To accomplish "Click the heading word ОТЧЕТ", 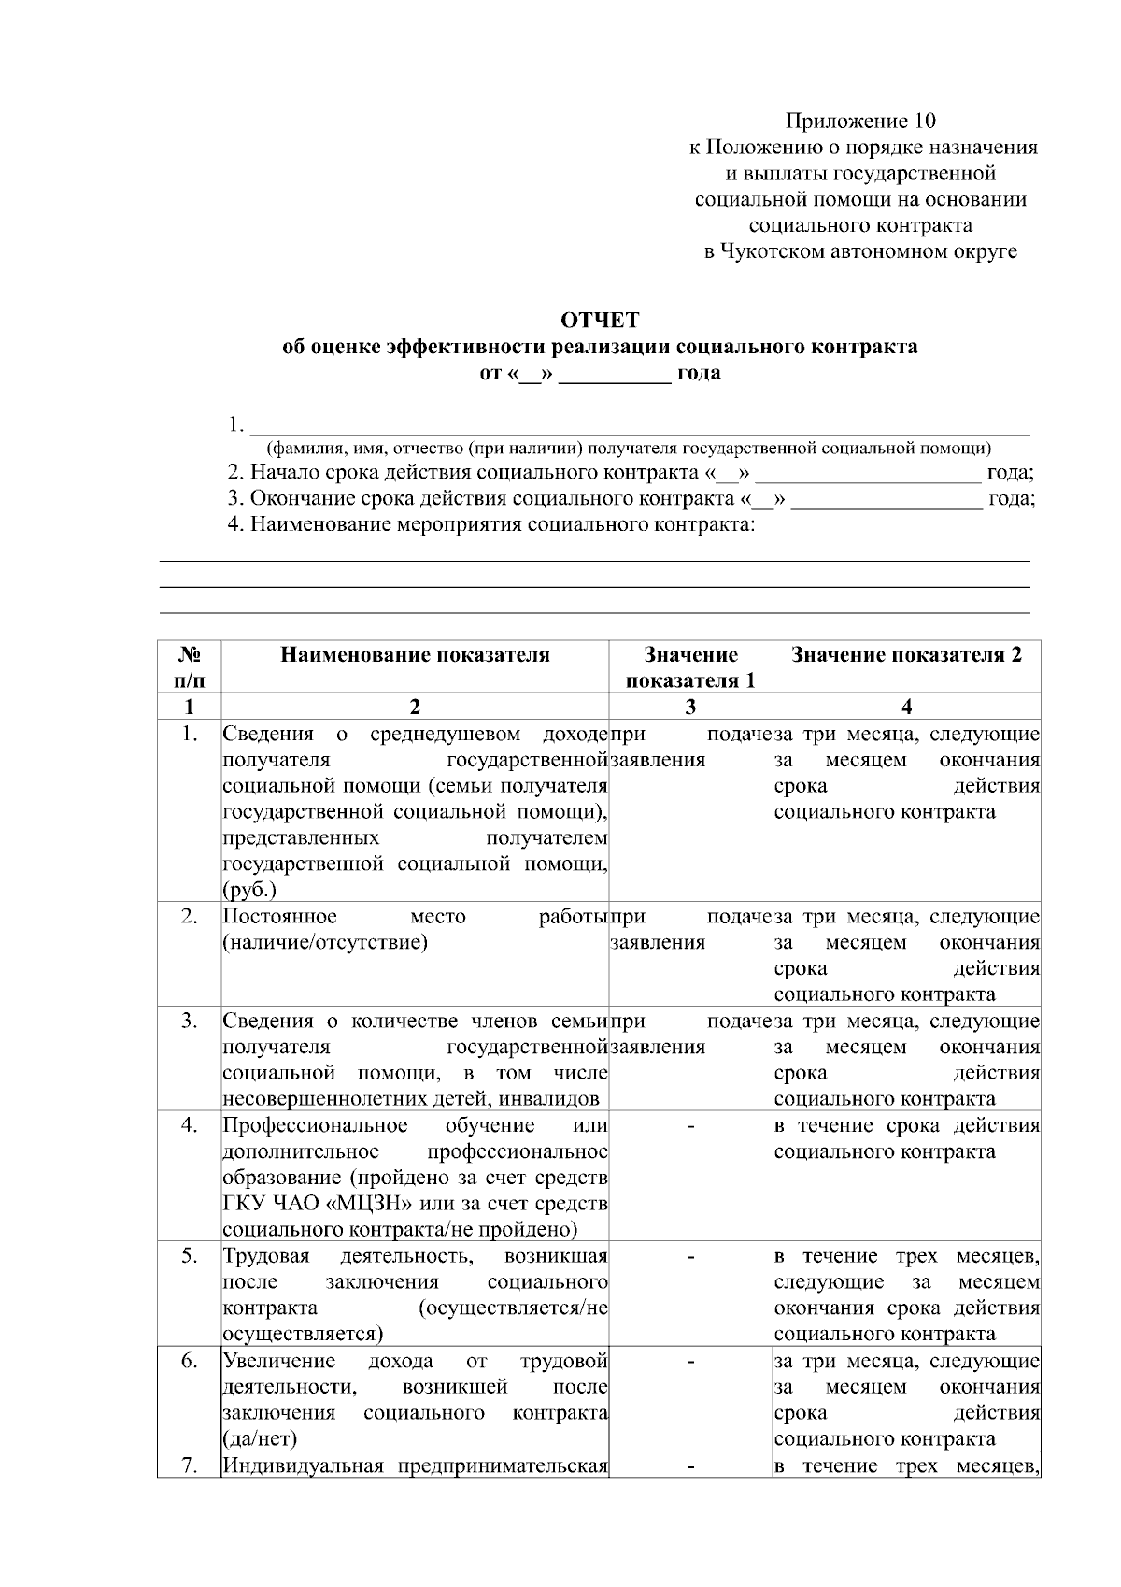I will [x=600, y=321].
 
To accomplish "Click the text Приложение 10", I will [x=859, y=121].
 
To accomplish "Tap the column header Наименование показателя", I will [x=415, y=655].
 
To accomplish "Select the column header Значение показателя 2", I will [x=906, y=655].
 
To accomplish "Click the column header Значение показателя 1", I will [x=690, y=667].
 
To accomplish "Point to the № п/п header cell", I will [x=190, y=667].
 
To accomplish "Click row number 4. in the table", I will [x=190, y=1125].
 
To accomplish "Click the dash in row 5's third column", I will [x=690, y=1257].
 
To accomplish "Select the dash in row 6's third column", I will [x=690, y=1362].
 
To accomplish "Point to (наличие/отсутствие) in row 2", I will [x=324, y=942].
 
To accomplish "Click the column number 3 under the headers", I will [x=690, y=707].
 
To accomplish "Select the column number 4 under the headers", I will [x=906, y=707].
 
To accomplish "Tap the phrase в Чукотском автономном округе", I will [x=859, y=251].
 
